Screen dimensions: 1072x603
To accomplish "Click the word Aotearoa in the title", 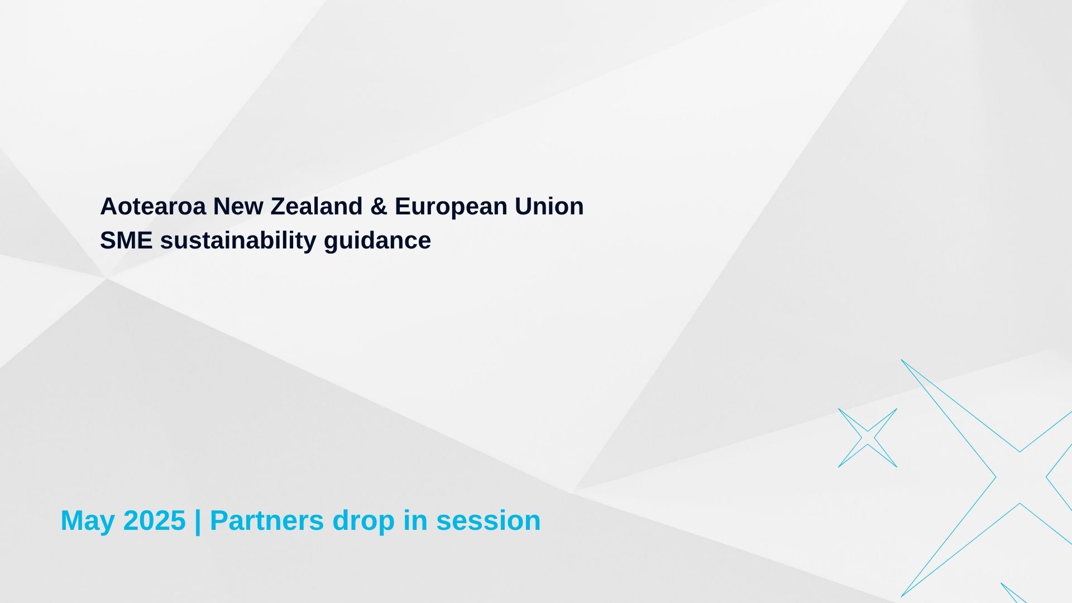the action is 154,206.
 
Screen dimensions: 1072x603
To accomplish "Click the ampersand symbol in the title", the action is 379,206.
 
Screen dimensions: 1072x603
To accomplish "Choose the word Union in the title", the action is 549,206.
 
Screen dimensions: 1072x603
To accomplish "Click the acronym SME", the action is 127,240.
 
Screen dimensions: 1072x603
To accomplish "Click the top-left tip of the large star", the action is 901,360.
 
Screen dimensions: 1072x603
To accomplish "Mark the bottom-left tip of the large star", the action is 901,596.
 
